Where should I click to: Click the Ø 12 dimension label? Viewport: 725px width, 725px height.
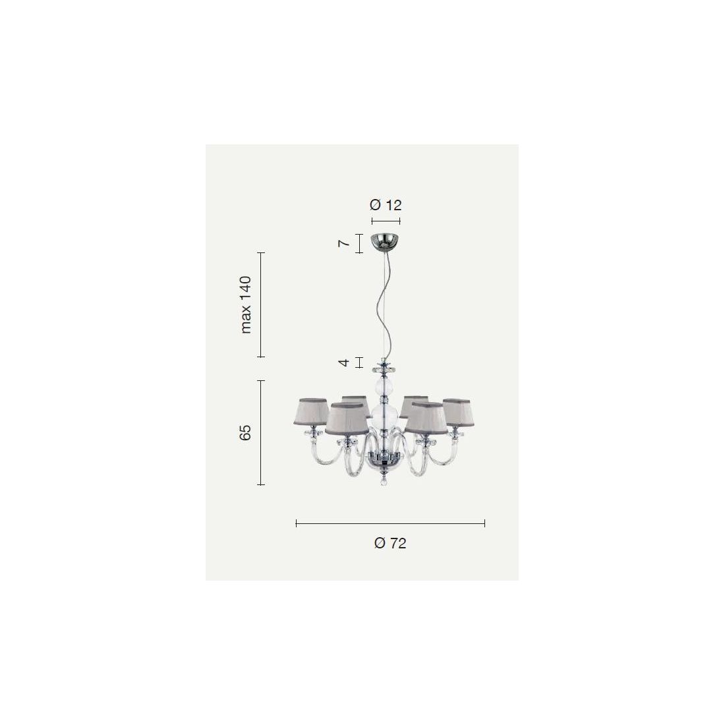386,205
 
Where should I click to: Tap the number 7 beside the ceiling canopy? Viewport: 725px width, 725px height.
344,243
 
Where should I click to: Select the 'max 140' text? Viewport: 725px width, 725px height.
246,304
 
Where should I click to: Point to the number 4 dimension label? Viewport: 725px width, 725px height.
344,362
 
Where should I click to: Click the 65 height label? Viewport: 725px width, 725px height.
246,432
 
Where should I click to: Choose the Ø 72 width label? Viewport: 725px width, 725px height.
390,543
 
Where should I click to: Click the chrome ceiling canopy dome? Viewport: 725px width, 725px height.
385,243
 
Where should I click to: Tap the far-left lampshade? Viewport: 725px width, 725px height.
310,411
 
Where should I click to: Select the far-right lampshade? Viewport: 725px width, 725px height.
459,413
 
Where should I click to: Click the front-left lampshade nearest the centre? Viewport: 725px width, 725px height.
347,419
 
